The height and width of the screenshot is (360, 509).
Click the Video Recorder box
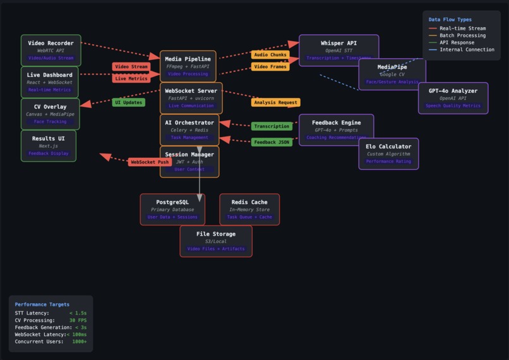51,51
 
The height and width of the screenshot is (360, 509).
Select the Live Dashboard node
49,82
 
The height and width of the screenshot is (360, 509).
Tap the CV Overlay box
50,114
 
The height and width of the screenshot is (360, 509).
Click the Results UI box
48,146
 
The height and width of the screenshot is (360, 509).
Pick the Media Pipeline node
188,66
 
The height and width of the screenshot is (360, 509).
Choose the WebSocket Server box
191,98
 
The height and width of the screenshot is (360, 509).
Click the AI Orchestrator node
189,129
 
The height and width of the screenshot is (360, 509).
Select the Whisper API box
338,50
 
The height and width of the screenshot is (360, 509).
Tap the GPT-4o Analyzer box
453,98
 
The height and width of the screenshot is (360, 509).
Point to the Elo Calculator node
388,154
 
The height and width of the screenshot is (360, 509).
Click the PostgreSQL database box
172,209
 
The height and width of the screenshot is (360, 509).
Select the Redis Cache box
249,209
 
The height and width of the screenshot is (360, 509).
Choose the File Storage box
216,241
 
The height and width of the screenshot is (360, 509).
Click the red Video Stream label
131,67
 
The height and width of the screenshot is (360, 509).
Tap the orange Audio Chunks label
270,55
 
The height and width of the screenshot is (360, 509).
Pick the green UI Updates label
128,102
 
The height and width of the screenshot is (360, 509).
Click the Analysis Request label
275,102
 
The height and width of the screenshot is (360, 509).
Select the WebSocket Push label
150,162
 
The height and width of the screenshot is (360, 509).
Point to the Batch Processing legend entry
462,35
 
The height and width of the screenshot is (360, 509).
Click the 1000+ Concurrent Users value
80,342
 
